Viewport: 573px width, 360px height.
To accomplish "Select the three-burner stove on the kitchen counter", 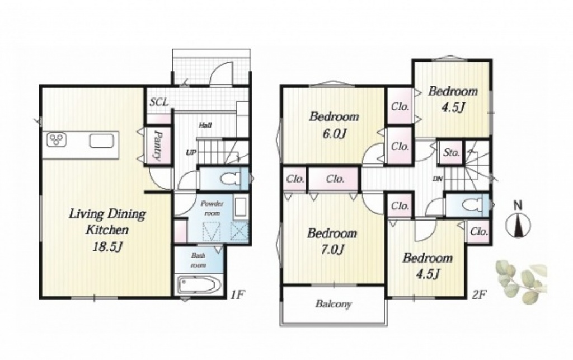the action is [x=57, y=139].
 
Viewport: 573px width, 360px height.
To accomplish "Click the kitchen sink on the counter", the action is [x=102, y=141].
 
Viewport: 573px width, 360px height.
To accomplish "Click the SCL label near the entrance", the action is [x=159, y=102].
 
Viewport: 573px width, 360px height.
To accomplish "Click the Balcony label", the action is [x=334, y=304].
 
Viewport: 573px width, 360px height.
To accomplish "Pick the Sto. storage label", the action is [x=452, y=152].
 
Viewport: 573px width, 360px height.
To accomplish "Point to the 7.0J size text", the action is [x=332, y=250].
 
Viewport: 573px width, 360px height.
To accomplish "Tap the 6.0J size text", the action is [x=334, y=134].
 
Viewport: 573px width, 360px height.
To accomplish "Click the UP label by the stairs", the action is [x=191, y=152].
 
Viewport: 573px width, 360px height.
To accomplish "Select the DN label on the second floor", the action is [x=438, y=179].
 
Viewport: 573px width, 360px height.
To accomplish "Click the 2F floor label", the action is [x=480, y=294].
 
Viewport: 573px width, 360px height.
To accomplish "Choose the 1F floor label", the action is [x=237, y=294].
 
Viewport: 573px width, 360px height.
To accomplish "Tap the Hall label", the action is [x=205, y=125].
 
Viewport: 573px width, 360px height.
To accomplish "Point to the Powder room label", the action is [x=212, y=208].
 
